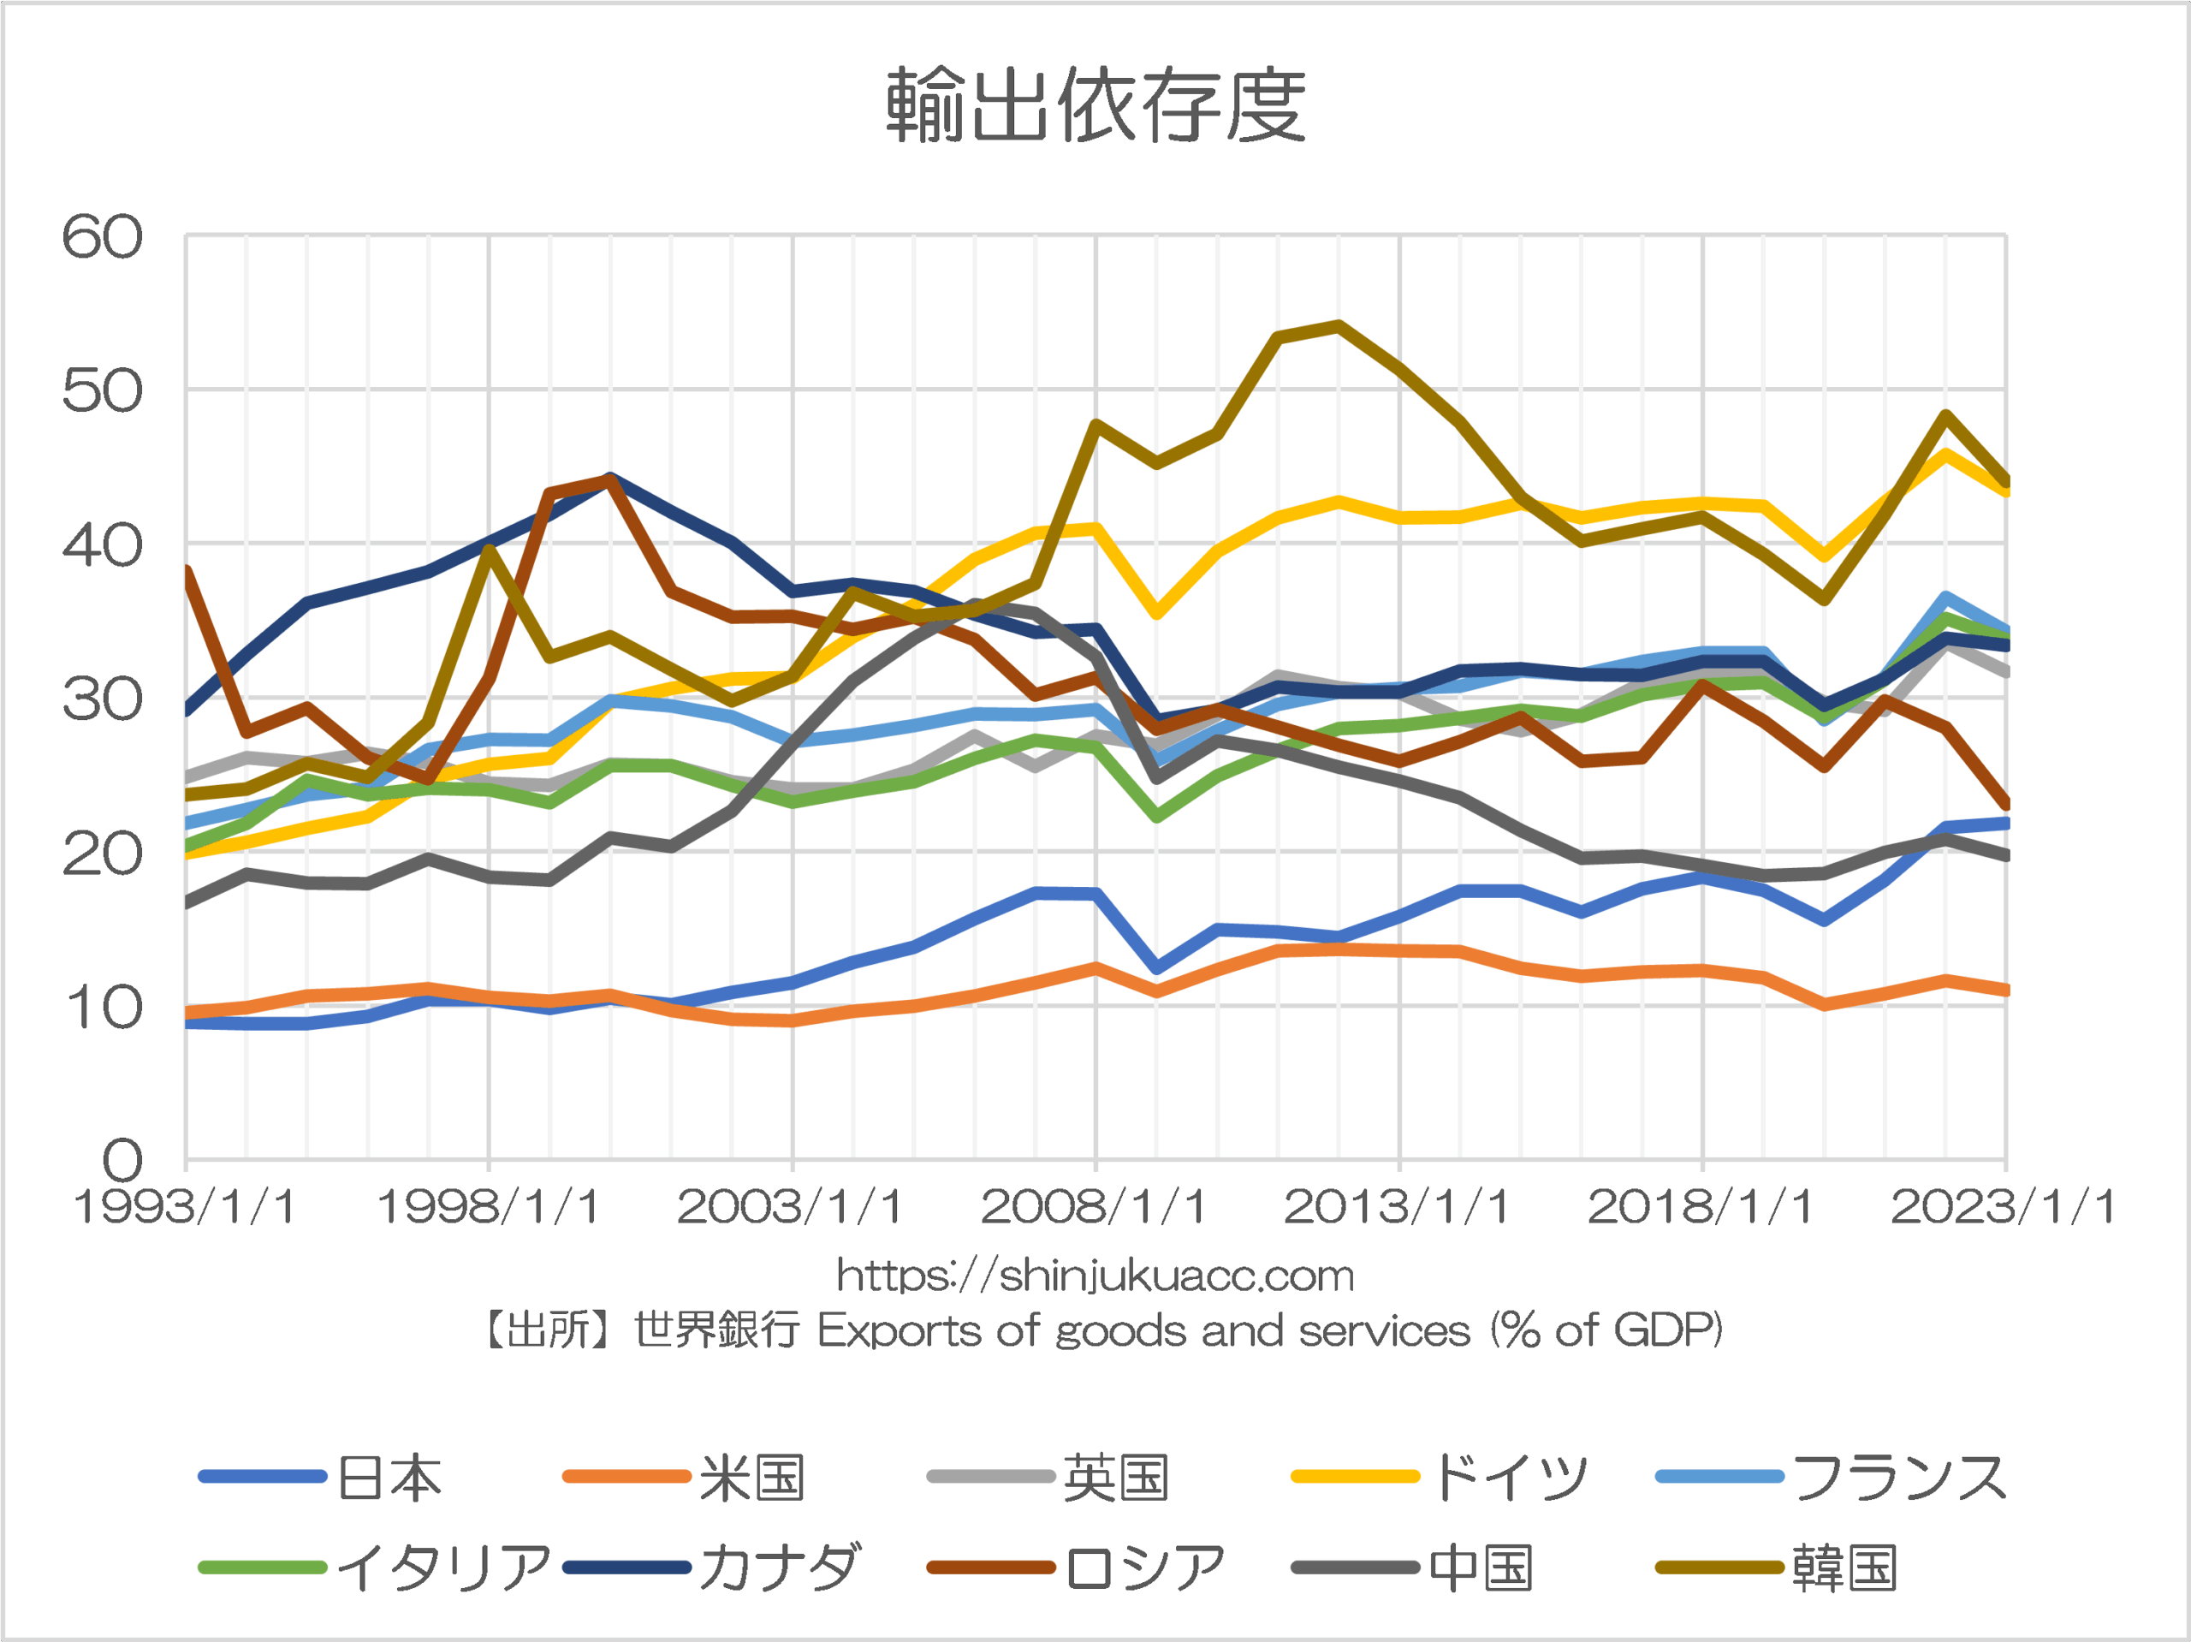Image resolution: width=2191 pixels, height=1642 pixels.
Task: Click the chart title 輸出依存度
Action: pyautogui.click(x=1095, y=105)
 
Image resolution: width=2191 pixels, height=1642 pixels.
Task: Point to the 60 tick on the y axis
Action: pyautogui.click(x=102, y=238)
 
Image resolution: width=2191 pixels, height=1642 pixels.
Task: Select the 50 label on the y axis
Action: pyautogui.click(x=102, y=391)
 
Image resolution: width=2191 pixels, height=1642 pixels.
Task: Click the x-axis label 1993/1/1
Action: pyautogui.click(x=185, y=1207)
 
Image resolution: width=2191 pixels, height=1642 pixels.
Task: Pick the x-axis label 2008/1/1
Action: pyautogui.click(x=1094, y=1207)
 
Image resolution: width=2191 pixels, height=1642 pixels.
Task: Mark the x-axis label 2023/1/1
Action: pyautogui.click(x=2003, y=1207)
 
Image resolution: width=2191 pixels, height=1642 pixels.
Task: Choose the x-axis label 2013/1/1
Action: pyautogui.click(x=1397, y=1207)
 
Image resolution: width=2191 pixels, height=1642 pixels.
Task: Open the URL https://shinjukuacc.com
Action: pyautogui.click(x=1095, y=1276)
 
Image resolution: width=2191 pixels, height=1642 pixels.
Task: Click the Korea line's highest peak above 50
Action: pyautogui.click(x=1339, y=325)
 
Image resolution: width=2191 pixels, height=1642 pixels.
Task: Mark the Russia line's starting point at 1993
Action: pyautogui.click(x=187, y=571)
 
